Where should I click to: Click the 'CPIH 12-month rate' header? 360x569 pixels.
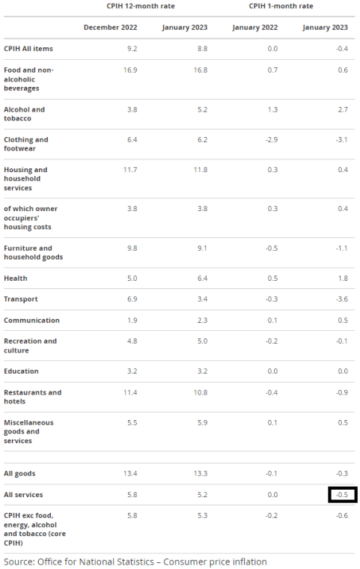pos(141,6)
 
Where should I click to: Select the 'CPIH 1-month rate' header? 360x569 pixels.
pos(281,6)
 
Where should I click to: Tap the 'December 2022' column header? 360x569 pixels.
pos(110,28)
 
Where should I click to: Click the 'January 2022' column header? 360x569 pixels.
pos(254,28)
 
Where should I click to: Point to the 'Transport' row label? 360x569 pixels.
pos(21,299)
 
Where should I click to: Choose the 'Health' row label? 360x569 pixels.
pos(16,279)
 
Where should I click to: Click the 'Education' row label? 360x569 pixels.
pos(21,371)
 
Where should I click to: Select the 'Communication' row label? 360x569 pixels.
pos(31,320)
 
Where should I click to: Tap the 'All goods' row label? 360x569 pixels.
pos(19,474)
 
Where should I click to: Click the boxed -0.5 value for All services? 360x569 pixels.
pos(342,495)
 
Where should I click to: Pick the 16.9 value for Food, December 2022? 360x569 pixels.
pos(130,70)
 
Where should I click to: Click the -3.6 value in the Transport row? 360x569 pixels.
pos(342,299)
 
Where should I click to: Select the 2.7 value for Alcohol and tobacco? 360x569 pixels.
pos(343,109)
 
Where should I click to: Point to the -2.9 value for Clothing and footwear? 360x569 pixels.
pos(272,140)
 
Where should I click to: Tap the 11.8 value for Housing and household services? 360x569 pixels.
pos(201,170)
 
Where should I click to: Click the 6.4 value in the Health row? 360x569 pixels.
pos(203,279)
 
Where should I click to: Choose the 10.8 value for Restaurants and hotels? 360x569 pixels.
pos(201,392)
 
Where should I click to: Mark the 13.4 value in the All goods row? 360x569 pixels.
pos(130,474)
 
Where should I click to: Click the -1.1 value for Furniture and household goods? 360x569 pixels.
pos(342,249)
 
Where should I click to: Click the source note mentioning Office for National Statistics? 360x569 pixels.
pos(135,562)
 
